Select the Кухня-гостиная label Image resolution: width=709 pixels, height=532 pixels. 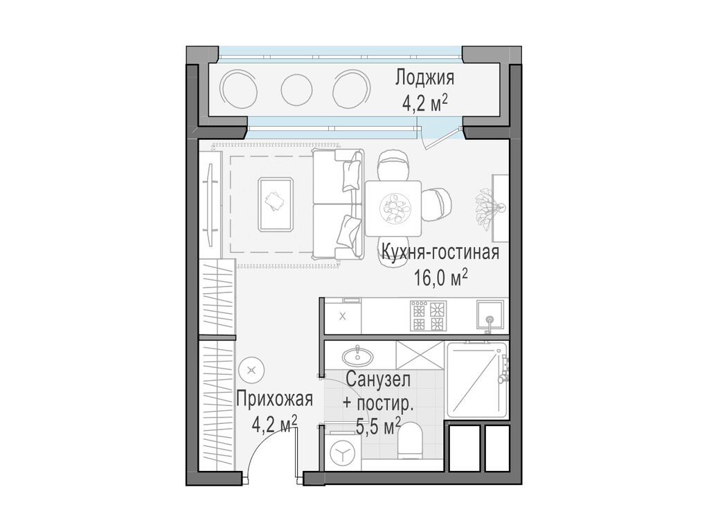coord(439,252)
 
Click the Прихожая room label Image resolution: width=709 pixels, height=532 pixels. coord(274,399)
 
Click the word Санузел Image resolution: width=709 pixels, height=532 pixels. coord(378,380)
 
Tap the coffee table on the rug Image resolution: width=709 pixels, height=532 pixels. coord(275,204)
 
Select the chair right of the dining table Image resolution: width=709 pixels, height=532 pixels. coord(438,205)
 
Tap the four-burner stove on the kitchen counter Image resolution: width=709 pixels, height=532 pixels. coord(428,316)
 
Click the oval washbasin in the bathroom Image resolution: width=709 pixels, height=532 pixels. coord(358,356)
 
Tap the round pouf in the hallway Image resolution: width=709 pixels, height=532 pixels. coord(251,371)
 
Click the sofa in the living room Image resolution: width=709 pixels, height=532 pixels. coord(337,204)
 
